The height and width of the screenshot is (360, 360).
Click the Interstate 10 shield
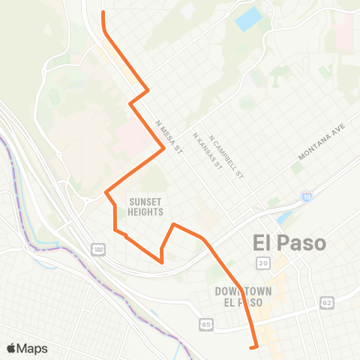(x=307, y=196)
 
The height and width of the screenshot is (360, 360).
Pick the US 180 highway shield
(x=98, y=248)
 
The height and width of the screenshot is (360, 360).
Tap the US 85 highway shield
(x=206, y=324)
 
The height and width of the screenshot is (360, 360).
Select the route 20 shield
(x=262, y=262)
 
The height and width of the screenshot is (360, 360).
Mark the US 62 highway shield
(x=325, y=302)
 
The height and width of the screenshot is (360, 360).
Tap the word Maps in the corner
(x=33, y=348)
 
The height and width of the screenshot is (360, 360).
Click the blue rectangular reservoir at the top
(x=249, y=19)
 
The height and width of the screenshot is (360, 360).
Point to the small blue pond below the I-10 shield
(x=283, y=219)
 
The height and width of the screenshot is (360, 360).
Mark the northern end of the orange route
(x=103, y=11)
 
